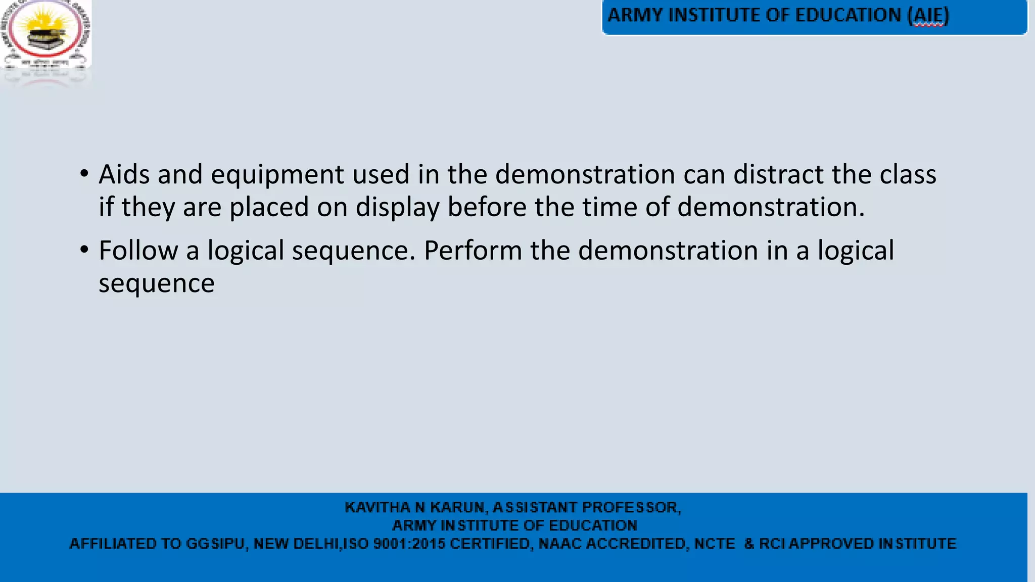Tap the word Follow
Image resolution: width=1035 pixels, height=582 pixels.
click(x=138, y=251)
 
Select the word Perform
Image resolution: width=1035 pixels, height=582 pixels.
click(x=473, y=251)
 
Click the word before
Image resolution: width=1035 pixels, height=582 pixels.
click(x=487, y=207)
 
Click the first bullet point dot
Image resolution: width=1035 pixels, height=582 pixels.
click(x=84, y=174)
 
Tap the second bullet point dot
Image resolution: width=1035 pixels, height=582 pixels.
click(x=84, y=250)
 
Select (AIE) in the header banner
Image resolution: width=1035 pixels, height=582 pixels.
click(x=928, y=16)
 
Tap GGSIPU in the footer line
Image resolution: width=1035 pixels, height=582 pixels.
click(x=215, y=544)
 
